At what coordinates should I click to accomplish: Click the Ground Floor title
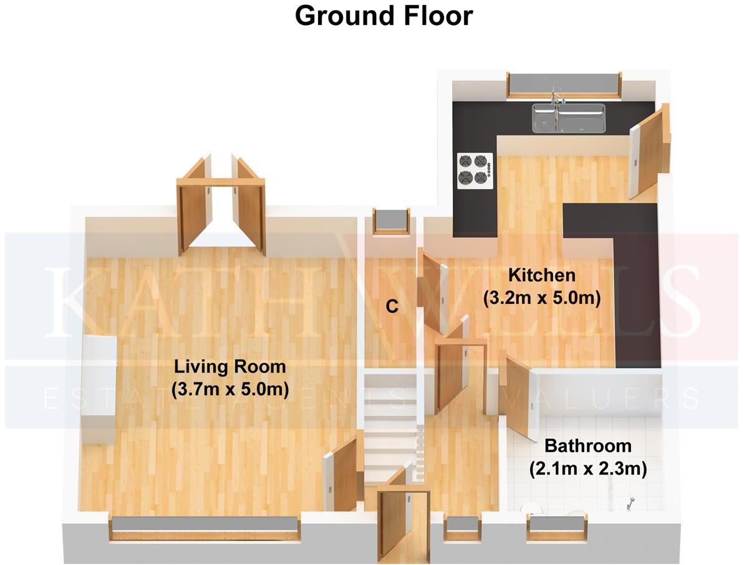(384, 16)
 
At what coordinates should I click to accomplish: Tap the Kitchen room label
(541, 275)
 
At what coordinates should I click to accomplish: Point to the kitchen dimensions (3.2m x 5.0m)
(541, 298)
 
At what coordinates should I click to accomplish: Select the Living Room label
(229, 366)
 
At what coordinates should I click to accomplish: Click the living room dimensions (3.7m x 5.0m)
(229, 390)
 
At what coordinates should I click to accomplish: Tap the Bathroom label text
(587, 446)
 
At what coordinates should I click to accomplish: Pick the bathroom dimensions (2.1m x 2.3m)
(587, 468)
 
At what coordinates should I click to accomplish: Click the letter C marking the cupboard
(392, 307)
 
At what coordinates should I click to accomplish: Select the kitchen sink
(568, 118)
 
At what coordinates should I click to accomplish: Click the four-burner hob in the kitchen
(475, 170)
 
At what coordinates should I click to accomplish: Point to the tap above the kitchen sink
(557, 94)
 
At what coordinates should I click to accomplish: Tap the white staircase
(390, 425)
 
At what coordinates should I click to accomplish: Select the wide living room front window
(205, 528)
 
